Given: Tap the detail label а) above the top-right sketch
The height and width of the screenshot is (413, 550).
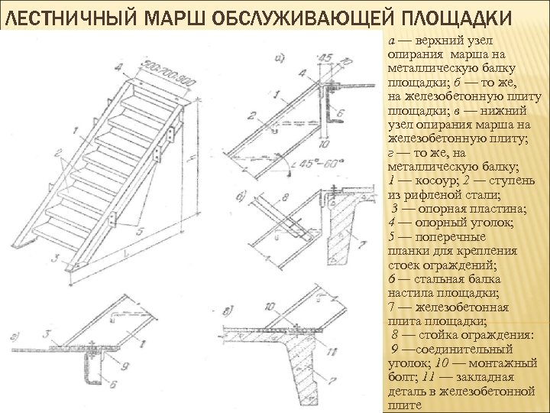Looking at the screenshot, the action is pyautogui.click(x=280, y=56).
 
